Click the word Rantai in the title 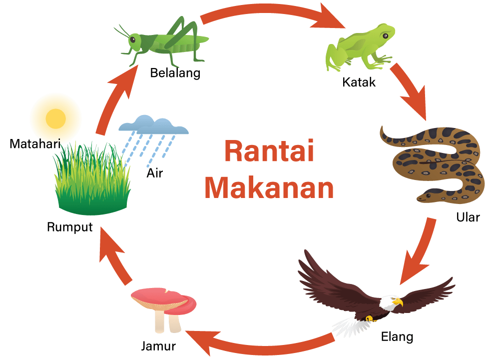[x=269, y=150]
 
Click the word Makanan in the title [x=269, y=187]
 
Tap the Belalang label [x=175, y=73]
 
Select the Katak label [x=359, y=82]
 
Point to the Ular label [x=468, y=217]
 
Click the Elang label [x=397, y=336]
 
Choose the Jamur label [x=158, y=346]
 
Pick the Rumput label [x=69, y=227]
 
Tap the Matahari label [x=35, y=143]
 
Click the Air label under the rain [x=155, y=173]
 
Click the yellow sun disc [x=56, y=119]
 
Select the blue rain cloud [x=154, y=124]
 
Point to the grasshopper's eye [x=133, y=40]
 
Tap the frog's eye [x=385, y=35]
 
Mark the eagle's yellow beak [x=398, y=302]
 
